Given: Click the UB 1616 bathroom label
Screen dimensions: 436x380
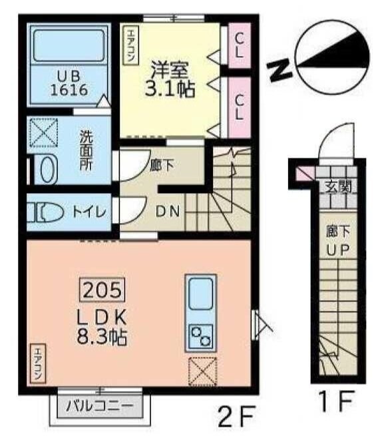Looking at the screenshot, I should (x=67, y=83).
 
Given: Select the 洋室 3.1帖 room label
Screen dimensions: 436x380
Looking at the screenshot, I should (x=170, y=79).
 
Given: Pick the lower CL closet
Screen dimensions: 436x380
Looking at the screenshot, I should (x=238, y=105).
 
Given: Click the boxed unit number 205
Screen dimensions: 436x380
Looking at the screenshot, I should (x=103, y=290).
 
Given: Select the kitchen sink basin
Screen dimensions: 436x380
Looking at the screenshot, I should (x=200, y=294).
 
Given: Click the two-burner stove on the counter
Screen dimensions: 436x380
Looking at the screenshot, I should (x=200, y=337).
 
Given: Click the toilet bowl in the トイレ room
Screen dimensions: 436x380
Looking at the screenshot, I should (x=43, y=212).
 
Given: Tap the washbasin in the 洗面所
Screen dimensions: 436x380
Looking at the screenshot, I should (x=47, y=169).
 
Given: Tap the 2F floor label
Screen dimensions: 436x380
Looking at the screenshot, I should (x=237, y=417).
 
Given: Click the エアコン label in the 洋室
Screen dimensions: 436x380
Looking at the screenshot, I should (x=129, y=45).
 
